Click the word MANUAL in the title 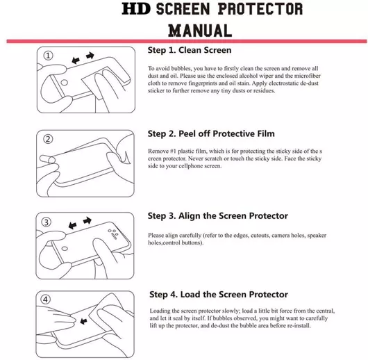(x=200, y=31)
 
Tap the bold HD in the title (x=136, y=9)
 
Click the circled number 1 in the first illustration (x=49, y=56)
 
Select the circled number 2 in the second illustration (x=48, y=139)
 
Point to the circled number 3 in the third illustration (x=47, y=222)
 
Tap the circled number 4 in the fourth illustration (x=46, y=300)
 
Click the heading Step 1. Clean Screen (x=190, y=50)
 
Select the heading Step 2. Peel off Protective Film (x=211, y=133)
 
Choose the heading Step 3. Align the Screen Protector (x=218, y=215)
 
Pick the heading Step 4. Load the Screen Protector (x=219, y=295)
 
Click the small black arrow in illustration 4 (x=83, y=321)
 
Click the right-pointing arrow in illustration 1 (x=90, y=56)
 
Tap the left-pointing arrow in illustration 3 (x=72, y=226)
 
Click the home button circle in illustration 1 (x=64, y=83)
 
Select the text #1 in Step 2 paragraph (x=173, y=151)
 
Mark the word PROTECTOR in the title (x=260, y=9)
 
